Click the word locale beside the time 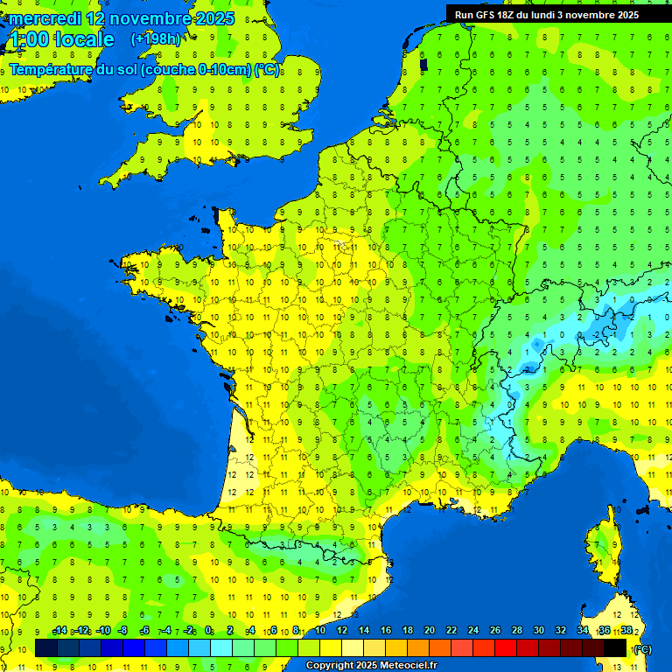pyautogui.click(x=84, y=39)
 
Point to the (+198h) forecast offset pyautogui.click(x=156, y=39)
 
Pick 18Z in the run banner pyautogui.click(x=514, y=15)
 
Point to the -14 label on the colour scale pyautogui.click(x=59, y=631)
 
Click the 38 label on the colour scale pyautogui.click(x=626, y=631)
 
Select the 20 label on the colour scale pyautogui.click(x=429, y=631)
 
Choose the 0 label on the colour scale pyautogui.click(x=208, y=631)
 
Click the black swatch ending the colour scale pyautogui.click(x=615, y=647)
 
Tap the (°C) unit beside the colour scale pyautogui.click(x=641, y=648)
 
